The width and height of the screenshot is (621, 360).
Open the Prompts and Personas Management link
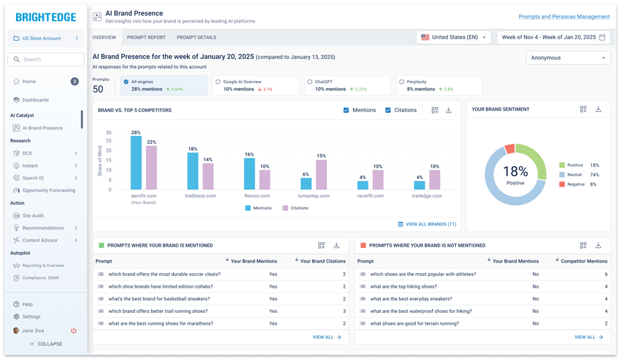point(563,17)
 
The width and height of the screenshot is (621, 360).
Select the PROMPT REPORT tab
point(146,37)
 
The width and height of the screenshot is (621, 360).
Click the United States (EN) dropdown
point(454,37)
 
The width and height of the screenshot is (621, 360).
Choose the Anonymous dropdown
point(568,58)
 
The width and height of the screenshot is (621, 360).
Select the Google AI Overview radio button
point(218,82)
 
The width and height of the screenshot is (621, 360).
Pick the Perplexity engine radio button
point(401,82)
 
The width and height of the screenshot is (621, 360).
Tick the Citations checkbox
point(388,110)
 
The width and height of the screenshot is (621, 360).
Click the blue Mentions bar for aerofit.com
point(136,163)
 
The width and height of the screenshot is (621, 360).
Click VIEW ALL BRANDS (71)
point(427,224)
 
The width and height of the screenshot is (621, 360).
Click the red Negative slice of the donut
point(510,149)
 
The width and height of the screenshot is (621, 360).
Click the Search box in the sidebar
point(47,60)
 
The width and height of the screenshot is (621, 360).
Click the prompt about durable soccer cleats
point(165,274)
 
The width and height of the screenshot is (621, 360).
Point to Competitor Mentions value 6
point(606,274)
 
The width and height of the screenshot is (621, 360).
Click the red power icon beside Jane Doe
point(74,330)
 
